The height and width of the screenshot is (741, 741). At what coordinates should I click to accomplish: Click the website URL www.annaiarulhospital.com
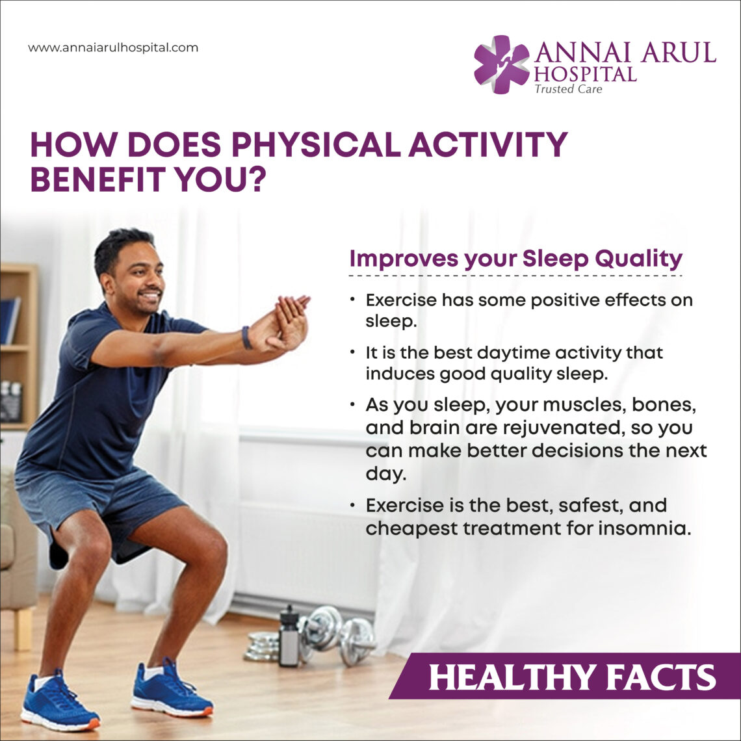pyautogui.click(x=113, y=47)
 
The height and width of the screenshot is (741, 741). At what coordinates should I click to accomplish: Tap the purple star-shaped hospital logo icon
pyautogui.click(x=501, y=64)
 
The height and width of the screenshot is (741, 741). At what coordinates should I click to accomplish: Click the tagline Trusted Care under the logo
pyautogui.click(x=567, y=89)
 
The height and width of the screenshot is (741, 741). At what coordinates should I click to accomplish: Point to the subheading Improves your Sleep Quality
pyautogui.click(x=515, y=258)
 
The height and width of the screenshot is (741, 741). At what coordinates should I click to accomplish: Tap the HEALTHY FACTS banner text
pyautogui.click(x=572, y=677)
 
